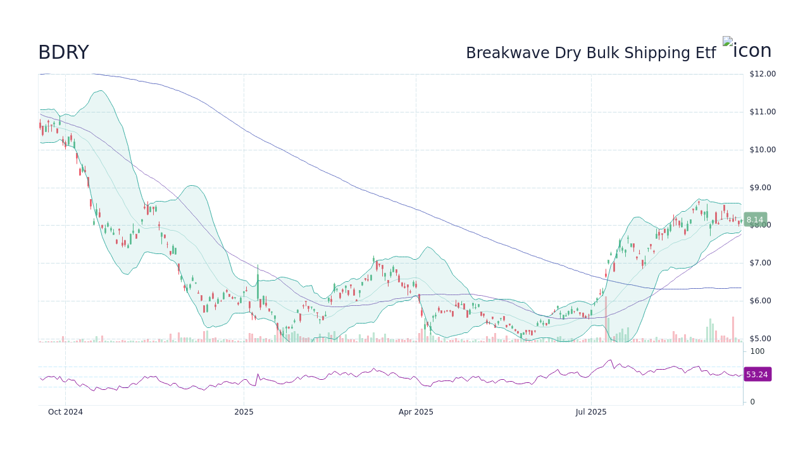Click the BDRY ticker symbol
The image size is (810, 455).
[x=63, y=52]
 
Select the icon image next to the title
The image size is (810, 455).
[x=747, y=49]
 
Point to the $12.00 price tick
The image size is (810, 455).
[x=762, y=74]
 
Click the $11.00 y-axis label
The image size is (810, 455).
[x=762, y=112]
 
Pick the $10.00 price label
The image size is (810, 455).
[x=762, y=150]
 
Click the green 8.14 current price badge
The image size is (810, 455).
[x=755, y=220]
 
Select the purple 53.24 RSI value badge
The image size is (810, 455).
[x=757, y=375]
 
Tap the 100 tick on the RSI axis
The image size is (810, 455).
[x=757, y=351]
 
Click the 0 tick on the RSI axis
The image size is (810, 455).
[x=752, y=402]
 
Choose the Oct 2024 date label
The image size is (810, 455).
[x=65, y=412]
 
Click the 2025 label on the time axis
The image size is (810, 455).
[x=244, y=412]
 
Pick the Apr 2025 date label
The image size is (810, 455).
[x=416, y=412]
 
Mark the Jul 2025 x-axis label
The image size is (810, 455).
[x=591, y=412]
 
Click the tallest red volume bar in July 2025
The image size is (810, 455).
[x=606, y=319]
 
